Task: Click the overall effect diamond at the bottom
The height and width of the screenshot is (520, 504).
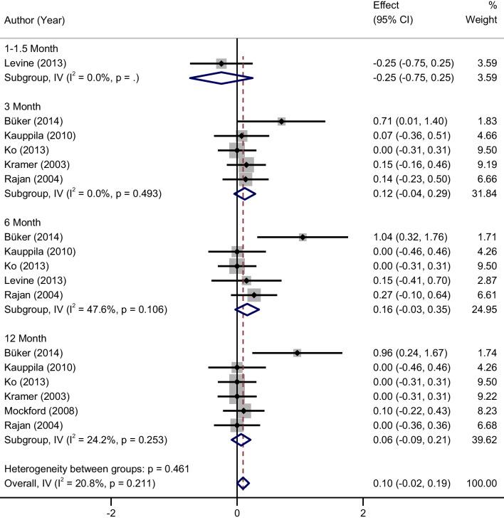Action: (x=243, y=484)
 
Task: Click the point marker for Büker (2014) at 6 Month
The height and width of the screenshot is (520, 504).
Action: (x=303, y=237)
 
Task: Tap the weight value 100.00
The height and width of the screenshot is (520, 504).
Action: (x=480, y=484)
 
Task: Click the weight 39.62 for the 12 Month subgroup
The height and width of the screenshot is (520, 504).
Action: (x=483, y=440)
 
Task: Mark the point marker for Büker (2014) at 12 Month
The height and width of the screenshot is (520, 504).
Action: (x=297, y=353)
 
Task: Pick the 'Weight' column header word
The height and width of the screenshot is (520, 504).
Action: (x=481, y=21)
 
